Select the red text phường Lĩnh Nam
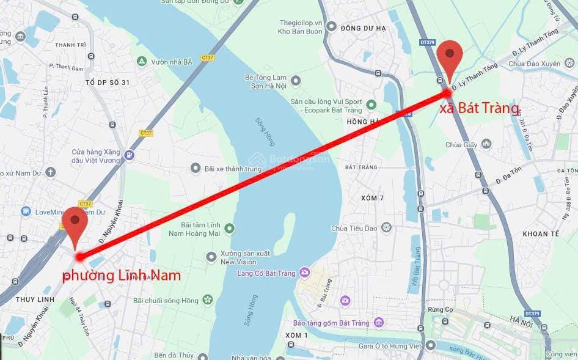122,276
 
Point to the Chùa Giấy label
461,145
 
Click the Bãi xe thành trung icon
196,167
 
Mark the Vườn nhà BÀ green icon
142,62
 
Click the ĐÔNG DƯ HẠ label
364,28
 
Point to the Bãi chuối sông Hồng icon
208,299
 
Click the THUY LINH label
35,299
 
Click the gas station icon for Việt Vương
129,155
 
